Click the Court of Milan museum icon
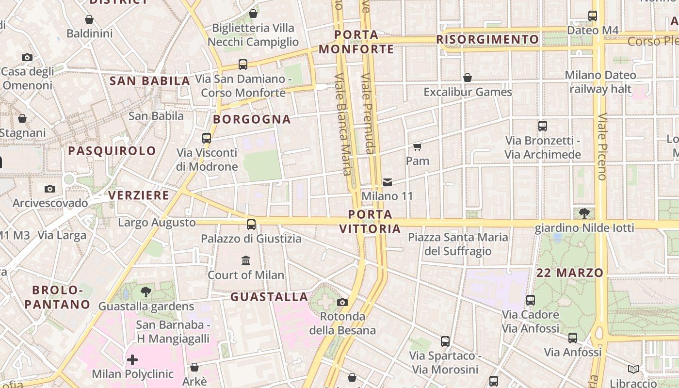click(x=246, y=261)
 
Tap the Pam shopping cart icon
click(x=417, y=146)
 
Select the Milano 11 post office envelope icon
click(x=388, y=182)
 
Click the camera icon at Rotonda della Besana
click(x=342, y=303)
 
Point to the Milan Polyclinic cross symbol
click(x=132, y=360)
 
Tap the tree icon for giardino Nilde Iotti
click(x=584, y=213)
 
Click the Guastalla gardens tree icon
click(x=145, y=292)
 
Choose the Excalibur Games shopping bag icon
click(x=468, y=78)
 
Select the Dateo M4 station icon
click(x=593, y=16)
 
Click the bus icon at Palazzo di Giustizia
click(x=251, y=225)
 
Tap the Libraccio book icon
click(x=633, y=370)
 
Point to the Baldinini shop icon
click(x=89, y=19)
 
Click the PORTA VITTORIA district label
click(x=370, y=221)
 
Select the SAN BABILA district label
click(x=150, y=81)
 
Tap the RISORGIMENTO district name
click(x=487, y=39)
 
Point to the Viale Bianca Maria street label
click(x=343, y=124)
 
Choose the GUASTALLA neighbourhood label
click(x=269, y=297)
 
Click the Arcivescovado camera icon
click(x=50, y=189)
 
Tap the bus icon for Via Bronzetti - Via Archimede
click(x=543, y=126)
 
